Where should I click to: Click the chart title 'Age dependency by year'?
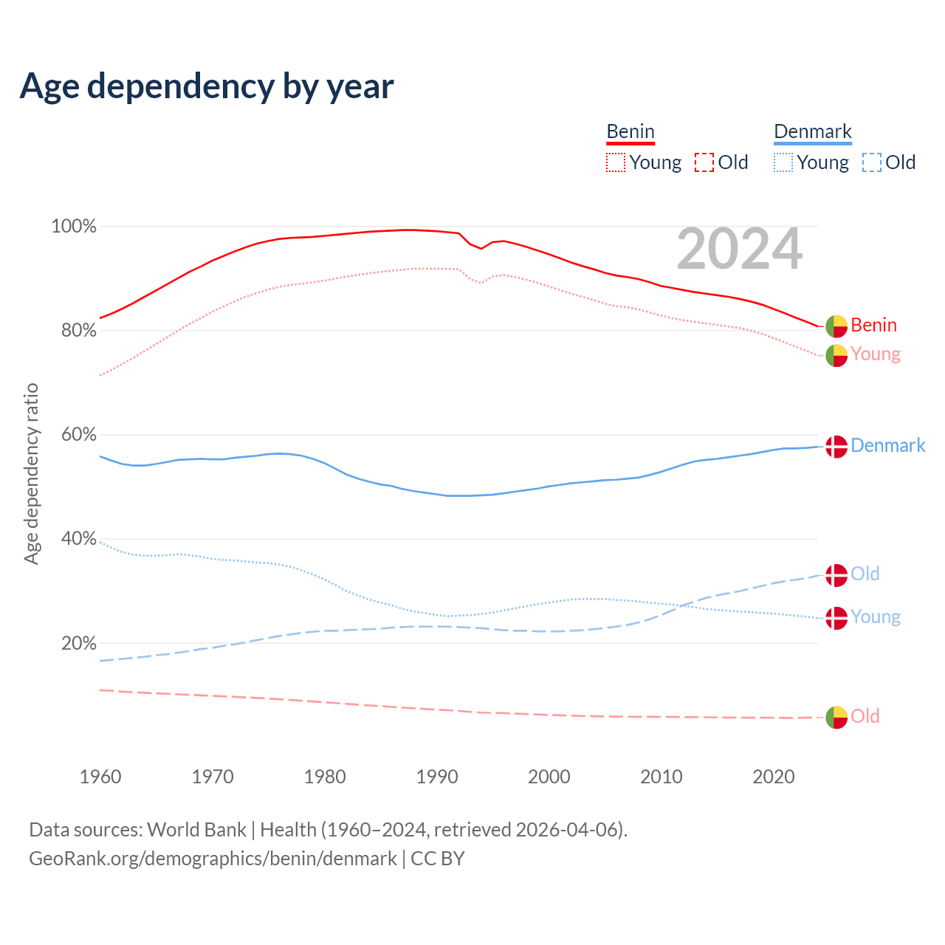(207, 86)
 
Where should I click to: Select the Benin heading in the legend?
(630, 132)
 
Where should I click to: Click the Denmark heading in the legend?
(813, 132)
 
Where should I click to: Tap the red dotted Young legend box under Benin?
(616, 162)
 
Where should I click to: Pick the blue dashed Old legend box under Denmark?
(872, 162)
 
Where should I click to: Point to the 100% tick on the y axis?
(74, 227)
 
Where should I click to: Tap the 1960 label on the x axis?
(100, 777)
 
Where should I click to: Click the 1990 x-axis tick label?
(437, 777)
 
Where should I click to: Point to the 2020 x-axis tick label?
(774, 777)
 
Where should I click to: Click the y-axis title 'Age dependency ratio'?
(32, 473)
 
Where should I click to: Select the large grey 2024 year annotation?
(739, 250)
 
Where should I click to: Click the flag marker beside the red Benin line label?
(836, 326)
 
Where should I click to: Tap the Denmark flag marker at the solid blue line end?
(836, 447)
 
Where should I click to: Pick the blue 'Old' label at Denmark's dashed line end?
(865, 574)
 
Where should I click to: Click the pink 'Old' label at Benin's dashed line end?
(865, 716)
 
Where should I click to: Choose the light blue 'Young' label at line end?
(876, 616)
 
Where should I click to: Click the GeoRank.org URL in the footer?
(213, 859)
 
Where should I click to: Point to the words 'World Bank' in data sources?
(196, 830)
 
